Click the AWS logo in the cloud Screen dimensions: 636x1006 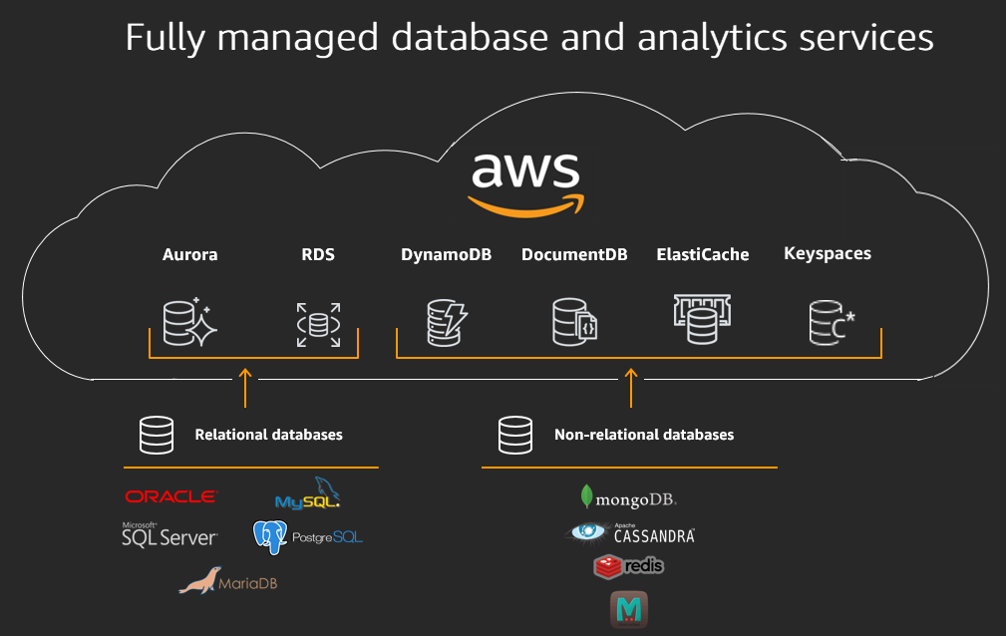[524, 182]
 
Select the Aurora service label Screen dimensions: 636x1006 [189, 254]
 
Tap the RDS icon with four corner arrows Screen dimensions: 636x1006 [318, 325]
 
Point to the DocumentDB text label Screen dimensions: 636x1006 [574, 254]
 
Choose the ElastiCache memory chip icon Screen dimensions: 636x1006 [702, 319]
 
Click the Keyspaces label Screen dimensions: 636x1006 [828, 253]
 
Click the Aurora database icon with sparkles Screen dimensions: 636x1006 [189, 322]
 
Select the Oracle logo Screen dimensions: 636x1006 [169, 496]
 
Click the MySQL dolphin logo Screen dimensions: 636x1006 [313, 494]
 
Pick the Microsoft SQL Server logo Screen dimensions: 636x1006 [168, 535]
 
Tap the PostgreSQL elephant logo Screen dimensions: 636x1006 [307, 537]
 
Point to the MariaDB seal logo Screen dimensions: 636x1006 [227, 581]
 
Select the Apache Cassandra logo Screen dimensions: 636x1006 [630, 533]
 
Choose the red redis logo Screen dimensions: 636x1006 [628, 566]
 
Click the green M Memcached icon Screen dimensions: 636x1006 [629, 608]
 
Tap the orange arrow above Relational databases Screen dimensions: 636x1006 [245, 388]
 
